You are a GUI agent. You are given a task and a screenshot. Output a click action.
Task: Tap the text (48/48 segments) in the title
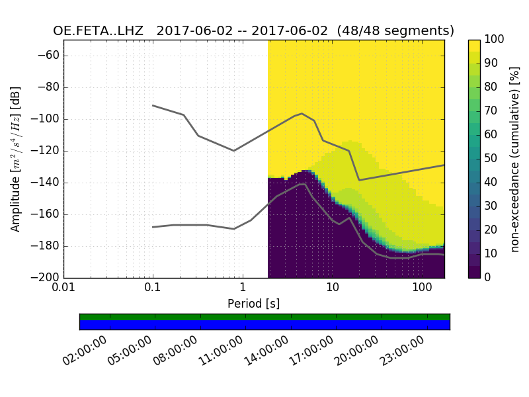click(395, 31)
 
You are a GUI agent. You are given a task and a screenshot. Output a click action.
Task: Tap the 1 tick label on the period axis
click(243, 289)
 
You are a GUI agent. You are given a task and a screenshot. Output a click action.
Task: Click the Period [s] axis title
click(254, 304)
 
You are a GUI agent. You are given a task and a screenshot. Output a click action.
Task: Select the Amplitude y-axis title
click(16, 159)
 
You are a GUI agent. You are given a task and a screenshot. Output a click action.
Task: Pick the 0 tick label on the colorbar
click(489, 277)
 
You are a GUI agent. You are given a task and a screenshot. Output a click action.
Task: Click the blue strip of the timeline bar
click(264, 325)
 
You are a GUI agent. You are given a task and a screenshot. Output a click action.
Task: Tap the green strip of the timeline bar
click(264, 317)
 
